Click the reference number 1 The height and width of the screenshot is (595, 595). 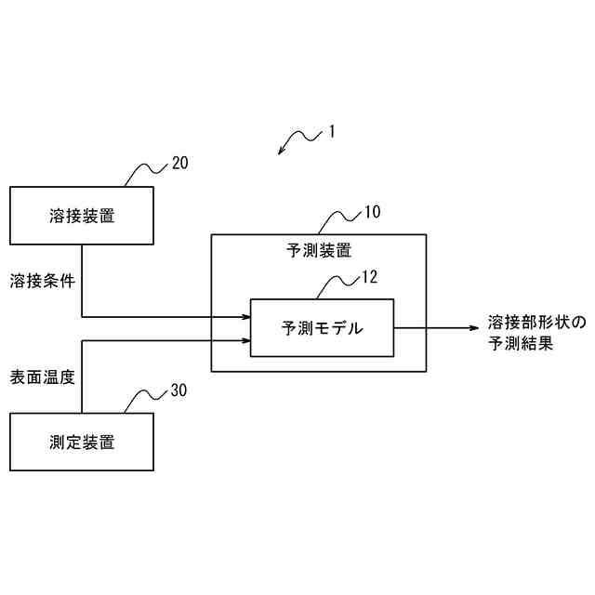(330, 131)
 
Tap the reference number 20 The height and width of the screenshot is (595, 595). (179, 163)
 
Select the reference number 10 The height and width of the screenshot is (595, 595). (371, 211)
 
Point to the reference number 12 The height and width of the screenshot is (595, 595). (370, 276)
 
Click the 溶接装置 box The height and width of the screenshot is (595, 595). (82, 216)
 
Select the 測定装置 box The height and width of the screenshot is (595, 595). (82, 443)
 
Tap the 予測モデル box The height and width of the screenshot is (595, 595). (322, 327)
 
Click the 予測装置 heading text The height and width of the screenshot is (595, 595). (318, 250)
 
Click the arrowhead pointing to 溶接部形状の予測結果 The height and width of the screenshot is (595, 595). (475, 327)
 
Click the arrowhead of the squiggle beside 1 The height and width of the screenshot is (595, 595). (282, 152)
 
